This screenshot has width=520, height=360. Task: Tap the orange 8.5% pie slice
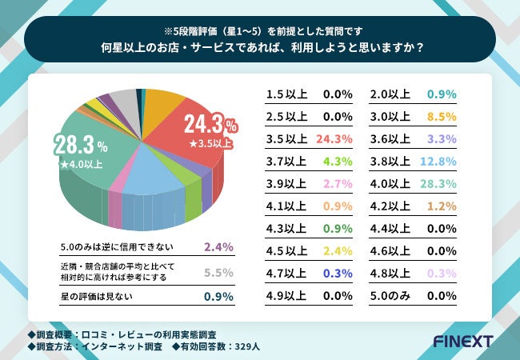tap(164, 104)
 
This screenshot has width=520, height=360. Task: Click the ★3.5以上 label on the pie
tap(210, 144)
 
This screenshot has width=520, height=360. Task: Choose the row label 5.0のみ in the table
tap(392, 295)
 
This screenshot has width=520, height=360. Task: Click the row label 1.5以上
tap(286, 94)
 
